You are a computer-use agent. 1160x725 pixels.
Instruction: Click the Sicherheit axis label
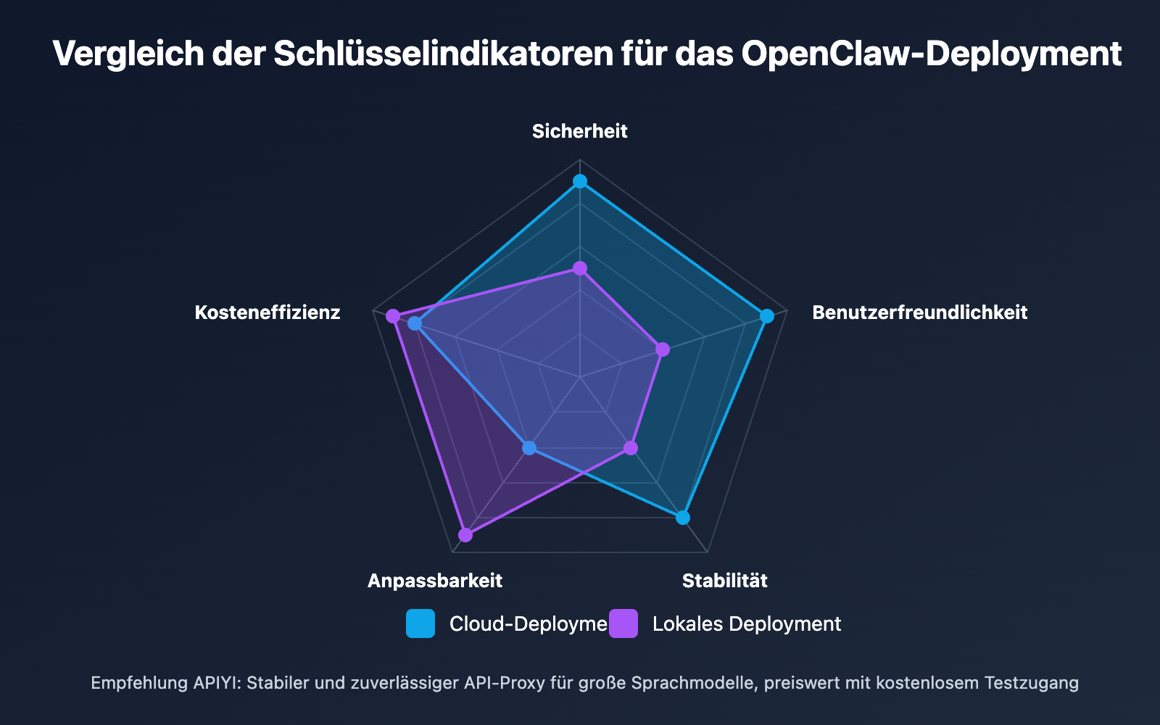[x=579, y=131]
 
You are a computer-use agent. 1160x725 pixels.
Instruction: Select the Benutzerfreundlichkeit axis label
[x=919, y=312]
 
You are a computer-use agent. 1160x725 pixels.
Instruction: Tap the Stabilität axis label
[x=724, y=581]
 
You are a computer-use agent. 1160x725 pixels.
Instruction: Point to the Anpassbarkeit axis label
[x=434, y=581]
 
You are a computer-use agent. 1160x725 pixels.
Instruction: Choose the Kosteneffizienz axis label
[x=268, y=312]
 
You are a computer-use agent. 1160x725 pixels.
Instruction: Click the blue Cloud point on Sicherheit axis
[x=579, y=181]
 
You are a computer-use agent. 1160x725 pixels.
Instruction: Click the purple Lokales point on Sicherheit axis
[x=579, y=269]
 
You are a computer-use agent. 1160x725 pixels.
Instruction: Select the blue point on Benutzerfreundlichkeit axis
[x=766, y=316]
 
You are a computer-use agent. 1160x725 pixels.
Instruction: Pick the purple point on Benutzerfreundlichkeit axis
[x=663, y=350]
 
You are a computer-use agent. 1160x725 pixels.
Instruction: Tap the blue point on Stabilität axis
[x=682, y=518]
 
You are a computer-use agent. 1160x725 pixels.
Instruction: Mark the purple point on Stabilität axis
[x=631, y=448]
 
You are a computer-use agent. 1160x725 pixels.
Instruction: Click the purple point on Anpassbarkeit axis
[x=465, y=535]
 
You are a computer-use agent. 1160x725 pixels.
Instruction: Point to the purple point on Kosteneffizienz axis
[x=393, y=316]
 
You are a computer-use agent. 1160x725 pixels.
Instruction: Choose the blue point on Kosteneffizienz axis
[x=414, y=323]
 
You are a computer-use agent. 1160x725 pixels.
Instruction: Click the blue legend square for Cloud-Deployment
[x=420, y=623]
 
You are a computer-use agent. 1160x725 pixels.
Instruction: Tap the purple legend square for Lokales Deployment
[x=623, y=623]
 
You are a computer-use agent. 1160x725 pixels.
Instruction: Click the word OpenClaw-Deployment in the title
[x=931, y=54]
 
